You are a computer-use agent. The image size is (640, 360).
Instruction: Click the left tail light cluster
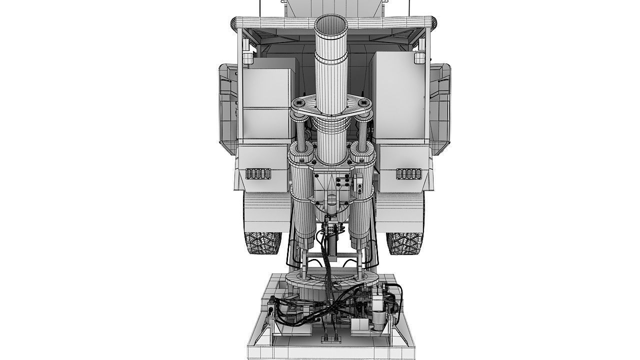click(x=258, y=173)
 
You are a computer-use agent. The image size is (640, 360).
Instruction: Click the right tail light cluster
click(x=409, y=173)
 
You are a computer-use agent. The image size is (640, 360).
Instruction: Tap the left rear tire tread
click(x=261, y=243)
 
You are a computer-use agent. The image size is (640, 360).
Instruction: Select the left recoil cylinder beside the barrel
click(x=302, y=200)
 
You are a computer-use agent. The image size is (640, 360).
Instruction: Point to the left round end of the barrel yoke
click(x=299, y=103)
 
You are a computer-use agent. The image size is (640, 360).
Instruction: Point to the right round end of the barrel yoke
click(x=364, y=103)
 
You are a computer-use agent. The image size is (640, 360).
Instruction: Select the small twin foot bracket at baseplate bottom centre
click(x=330, y=340)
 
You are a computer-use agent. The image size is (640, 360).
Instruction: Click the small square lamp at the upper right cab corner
click(x=419, y=58)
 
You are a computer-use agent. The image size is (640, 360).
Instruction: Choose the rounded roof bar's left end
click(x=234, y=22)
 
